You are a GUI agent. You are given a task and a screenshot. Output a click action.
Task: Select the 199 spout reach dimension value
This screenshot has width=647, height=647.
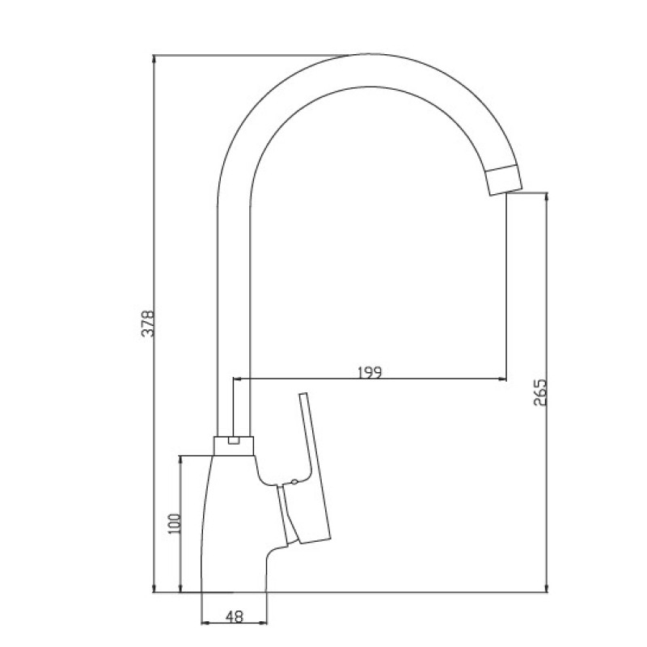(x=369, y=372)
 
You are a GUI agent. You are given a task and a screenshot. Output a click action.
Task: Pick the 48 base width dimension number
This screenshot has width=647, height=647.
(x=234, y=617)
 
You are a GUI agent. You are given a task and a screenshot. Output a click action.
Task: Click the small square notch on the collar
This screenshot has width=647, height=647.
(x=234, y=441)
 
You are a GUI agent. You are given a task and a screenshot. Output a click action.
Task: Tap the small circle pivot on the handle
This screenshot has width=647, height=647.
(x=294, y=484)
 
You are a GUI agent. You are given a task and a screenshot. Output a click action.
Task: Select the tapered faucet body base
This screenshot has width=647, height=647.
(x=230, y=526)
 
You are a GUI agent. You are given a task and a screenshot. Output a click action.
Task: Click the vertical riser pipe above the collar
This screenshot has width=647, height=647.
(x=233, y=323)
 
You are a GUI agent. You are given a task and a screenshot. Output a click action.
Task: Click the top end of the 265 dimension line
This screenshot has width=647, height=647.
(x=548, y=192)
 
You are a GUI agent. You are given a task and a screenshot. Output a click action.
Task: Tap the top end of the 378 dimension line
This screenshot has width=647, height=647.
(x=154, y=56)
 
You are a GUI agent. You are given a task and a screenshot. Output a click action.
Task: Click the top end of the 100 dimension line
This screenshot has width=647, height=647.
(x=179, y=456)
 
